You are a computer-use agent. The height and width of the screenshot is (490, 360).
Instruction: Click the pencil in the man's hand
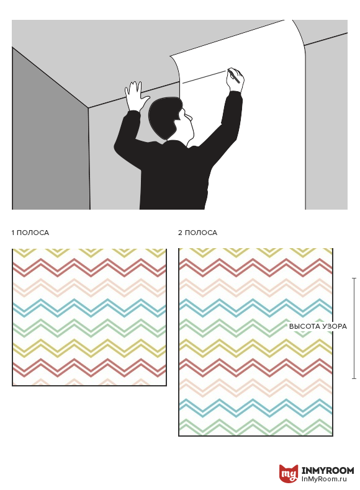(233, 76)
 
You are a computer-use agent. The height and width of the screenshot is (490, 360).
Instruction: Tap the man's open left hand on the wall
(135, 96)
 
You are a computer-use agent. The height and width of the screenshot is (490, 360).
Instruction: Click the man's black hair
(163, 117)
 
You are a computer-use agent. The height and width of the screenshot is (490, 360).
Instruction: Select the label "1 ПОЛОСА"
(30, 233)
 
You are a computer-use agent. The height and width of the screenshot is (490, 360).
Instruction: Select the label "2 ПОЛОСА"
(197, 233)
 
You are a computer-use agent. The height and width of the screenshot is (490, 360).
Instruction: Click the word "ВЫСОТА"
(302, 326)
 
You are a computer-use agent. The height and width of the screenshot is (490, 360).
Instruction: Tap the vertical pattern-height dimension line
(354, 328)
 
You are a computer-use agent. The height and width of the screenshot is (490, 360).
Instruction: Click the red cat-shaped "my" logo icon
(289, 473)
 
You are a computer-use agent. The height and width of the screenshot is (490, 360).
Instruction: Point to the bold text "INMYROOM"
(328, 470)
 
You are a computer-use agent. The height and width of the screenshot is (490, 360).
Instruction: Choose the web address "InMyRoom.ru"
(325, 479)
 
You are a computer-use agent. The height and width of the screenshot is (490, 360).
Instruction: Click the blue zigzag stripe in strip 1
(89, 308)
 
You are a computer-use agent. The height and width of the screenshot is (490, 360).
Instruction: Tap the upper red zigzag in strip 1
(89, 268)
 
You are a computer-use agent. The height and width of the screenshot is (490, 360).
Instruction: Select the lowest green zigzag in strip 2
(256, 427)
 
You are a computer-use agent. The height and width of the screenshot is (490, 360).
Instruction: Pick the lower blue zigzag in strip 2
(256, 408)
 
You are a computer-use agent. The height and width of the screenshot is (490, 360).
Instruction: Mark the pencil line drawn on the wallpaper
(205, 77)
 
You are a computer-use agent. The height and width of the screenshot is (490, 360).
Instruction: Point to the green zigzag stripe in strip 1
(89, 328)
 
